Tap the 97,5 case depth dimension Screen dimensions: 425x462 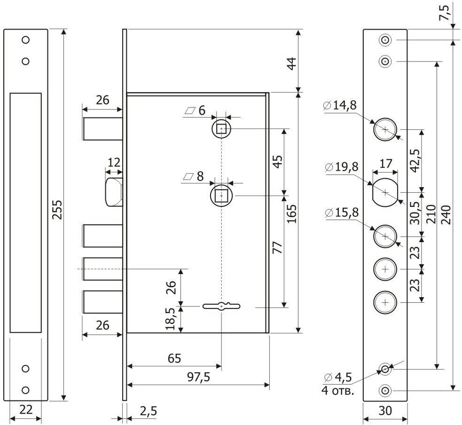pos(198,377)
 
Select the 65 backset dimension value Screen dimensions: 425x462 pos(174,358)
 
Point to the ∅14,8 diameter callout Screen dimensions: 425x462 pos(341,106)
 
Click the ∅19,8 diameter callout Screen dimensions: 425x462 pos(341,167)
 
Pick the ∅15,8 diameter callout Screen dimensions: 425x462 pos(341,212)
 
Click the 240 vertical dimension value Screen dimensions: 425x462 pos(446,214)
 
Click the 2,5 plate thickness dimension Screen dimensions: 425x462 pos(148,411)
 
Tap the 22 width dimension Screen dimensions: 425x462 pos(26,409)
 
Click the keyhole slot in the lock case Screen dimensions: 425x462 pos(221,307)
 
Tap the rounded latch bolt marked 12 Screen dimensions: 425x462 pos(114,192)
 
